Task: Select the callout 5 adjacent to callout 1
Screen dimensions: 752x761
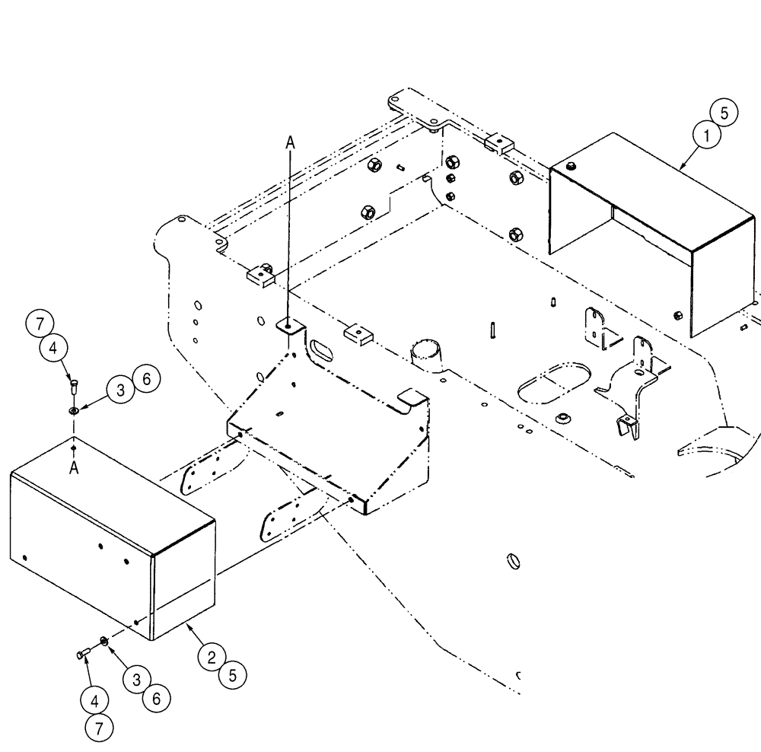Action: [x=724, y=113]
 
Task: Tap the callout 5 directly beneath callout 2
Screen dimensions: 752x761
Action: [x=234, y=674]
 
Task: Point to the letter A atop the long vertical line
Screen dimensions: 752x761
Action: [x=288, y=142]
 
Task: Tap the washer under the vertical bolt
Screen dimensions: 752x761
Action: [x=74, y=410]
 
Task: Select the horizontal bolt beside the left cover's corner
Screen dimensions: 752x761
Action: [x=83, y=652]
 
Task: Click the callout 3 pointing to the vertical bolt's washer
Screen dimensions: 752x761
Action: [x=120, y=390]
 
